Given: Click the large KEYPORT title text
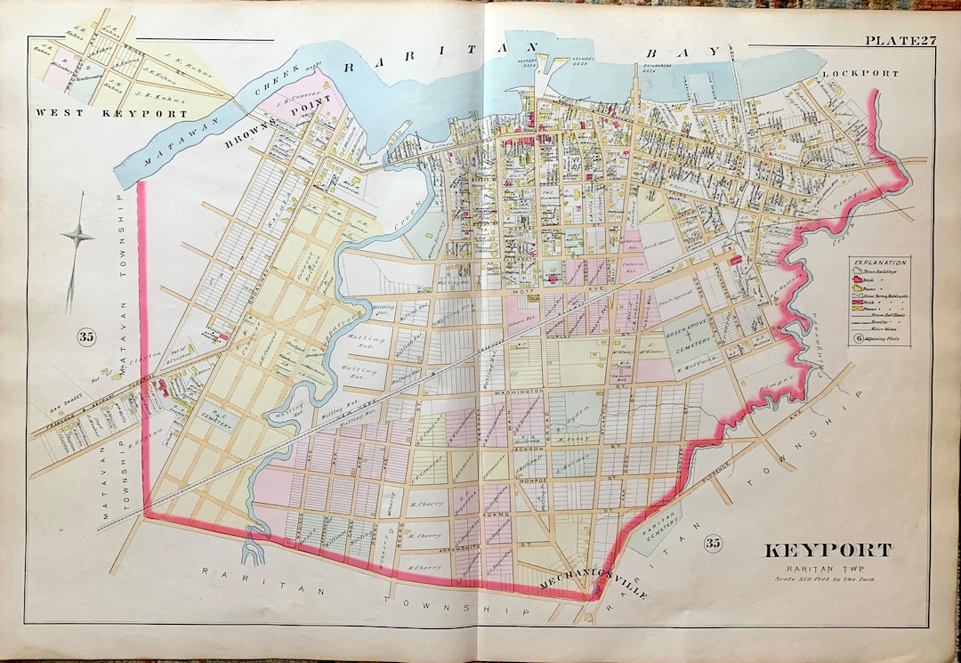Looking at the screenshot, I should pos(828,549).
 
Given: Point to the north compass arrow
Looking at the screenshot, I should pos(77,236).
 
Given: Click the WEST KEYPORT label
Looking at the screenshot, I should pos(111,114).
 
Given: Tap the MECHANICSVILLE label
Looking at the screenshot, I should pos(594,585).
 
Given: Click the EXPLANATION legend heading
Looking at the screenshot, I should pos(879,263).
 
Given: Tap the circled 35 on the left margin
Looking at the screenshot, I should pos(86,336).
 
